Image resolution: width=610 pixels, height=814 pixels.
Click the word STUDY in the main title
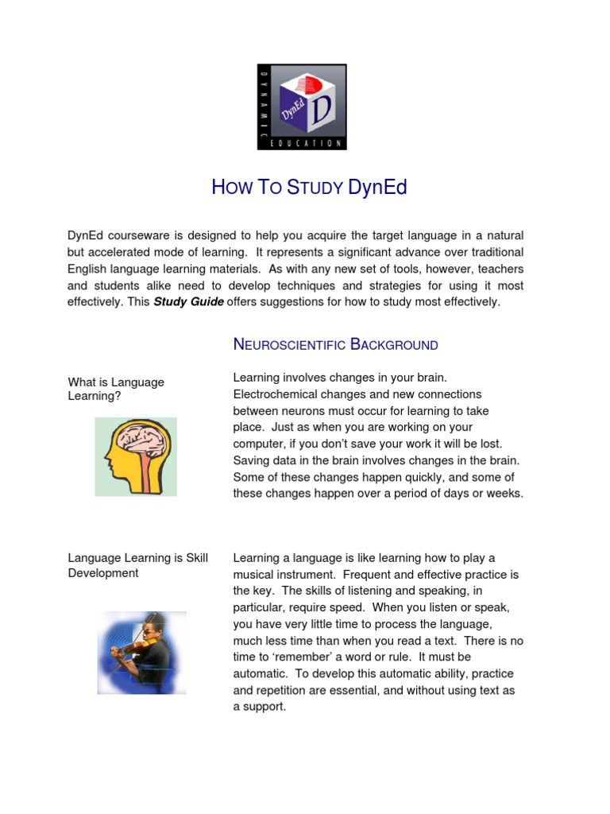pyautogui.click(x=315, y=188)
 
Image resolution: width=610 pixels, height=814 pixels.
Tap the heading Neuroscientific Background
pyautogui.click(x=335, y=344)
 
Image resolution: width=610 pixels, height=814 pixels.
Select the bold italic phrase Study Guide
pyautogui.click(x=188, y=301)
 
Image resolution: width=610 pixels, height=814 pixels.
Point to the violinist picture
pyautogui.click(x=141, y=652)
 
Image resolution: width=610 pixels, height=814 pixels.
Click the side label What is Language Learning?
pyautogui.click(x=116, y=389)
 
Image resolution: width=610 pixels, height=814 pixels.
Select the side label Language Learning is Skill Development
pyautogui.click(x=137, y=565)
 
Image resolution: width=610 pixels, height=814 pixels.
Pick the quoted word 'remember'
pyautogui.click(x=292, y=657)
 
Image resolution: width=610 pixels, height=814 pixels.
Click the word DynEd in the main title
pyautogui.click(x=377, y=188)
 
